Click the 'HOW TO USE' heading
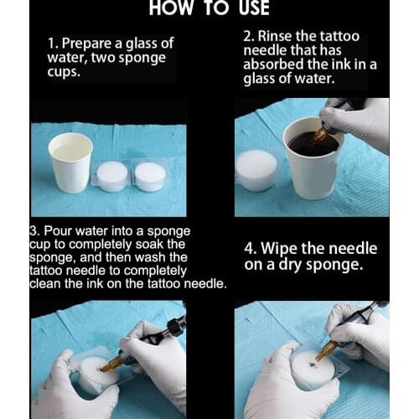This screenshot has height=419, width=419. click(x=209, y=8)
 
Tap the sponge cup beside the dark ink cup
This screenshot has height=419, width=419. click(x=256, y=170)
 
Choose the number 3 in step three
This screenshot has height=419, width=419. click(x=33, y=230)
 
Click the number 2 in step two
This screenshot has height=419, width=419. click(x=247, y=37)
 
